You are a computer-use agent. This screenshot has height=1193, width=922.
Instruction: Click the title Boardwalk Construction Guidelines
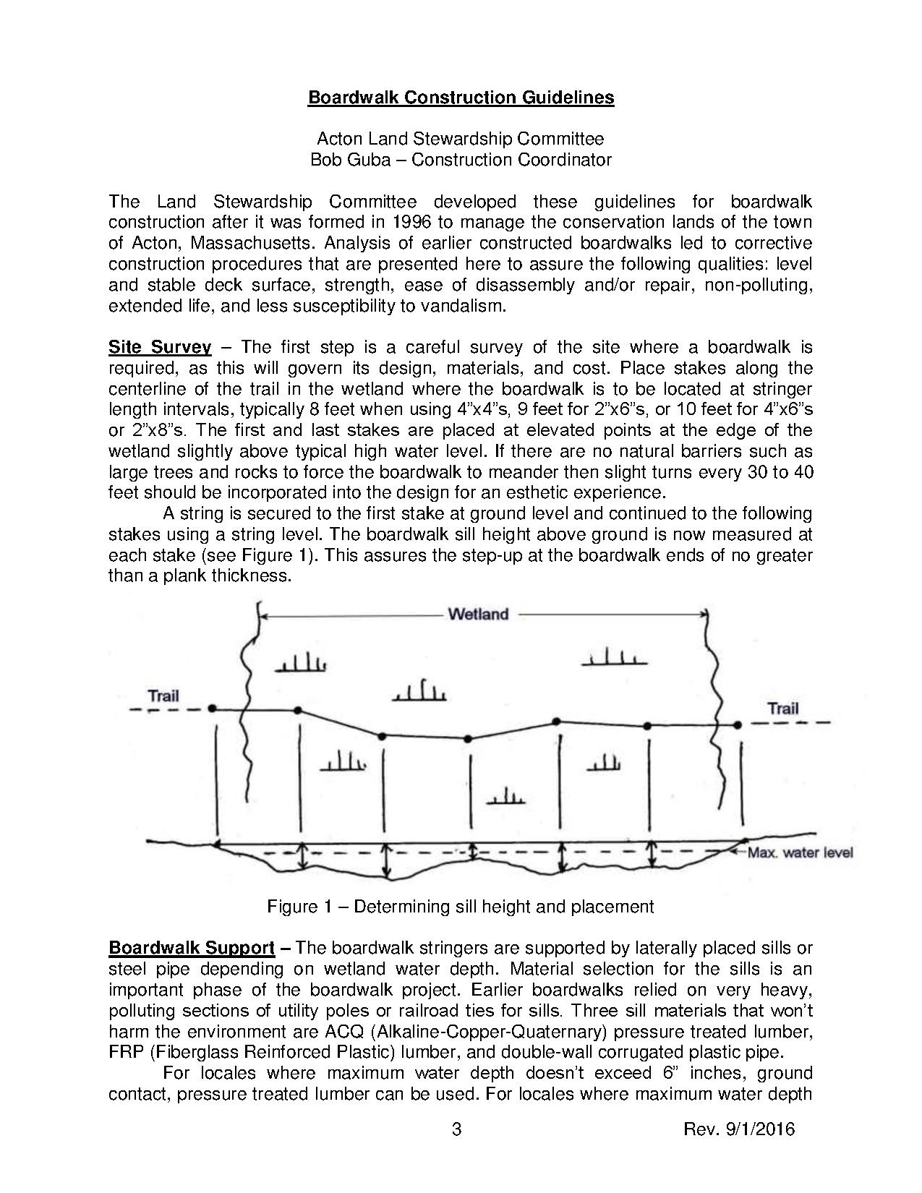click(x=461, y=98)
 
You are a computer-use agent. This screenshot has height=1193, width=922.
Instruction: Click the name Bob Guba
click(x=343, y=160)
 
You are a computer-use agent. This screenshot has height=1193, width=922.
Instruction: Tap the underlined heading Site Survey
click(x=160, y=348)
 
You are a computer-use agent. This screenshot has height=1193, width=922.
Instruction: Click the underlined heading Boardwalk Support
click(x=192, y=948)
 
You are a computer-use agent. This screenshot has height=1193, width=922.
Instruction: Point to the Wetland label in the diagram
click(x=478, y=615)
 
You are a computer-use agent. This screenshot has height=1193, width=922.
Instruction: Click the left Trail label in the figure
click(x=163, y=696)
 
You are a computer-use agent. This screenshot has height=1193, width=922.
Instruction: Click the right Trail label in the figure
click(x=783, y=708)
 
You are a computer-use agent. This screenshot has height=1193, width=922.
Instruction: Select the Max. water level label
click(x=800, y=853)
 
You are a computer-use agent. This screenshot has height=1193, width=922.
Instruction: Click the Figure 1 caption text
click(x=461, y=907)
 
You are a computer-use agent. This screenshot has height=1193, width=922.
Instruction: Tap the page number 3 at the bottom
click(x=456, y=1129)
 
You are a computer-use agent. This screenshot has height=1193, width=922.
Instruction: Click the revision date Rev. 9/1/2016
click(x=738, y=1129)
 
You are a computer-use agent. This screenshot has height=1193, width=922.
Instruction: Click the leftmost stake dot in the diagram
click(x=212, y=709)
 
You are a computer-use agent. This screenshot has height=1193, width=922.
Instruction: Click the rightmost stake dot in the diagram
click(x=738, y=724)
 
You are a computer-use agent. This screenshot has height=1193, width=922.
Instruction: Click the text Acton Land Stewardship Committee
click(x=461, y=139)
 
